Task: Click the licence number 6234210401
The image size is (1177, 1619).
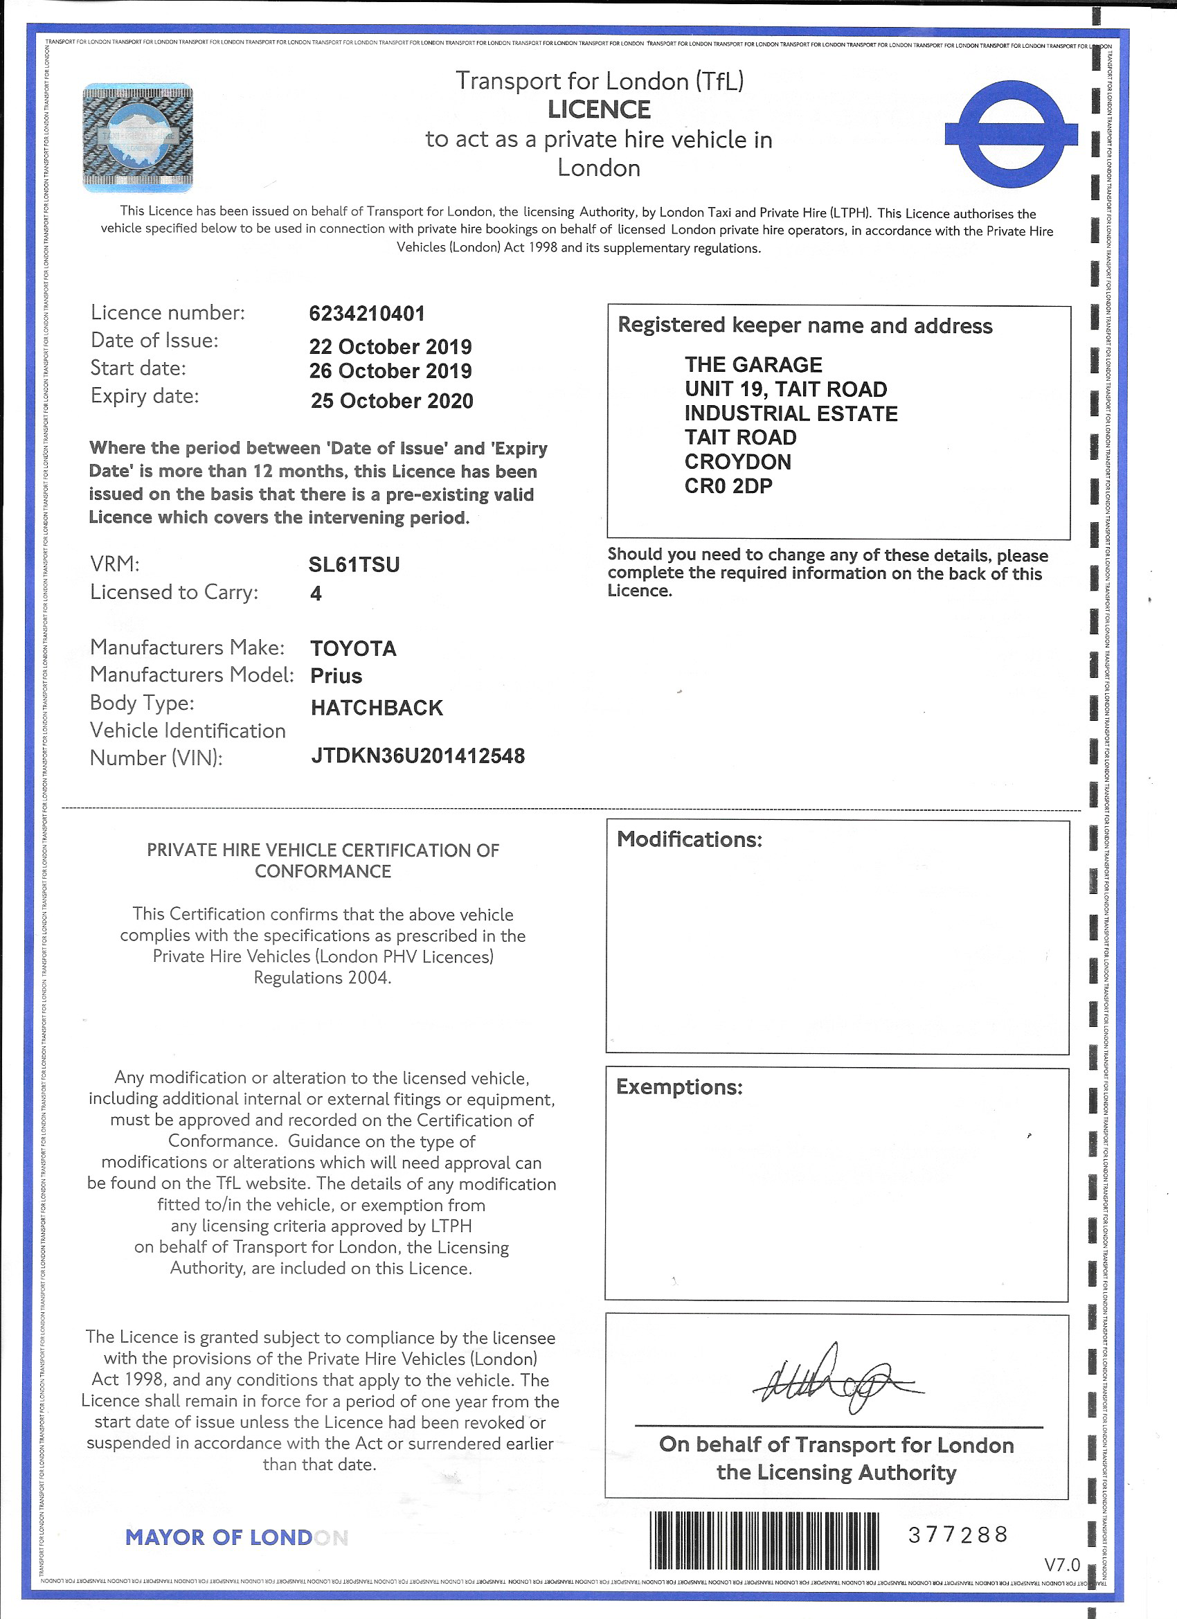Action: click(x=367, y=314)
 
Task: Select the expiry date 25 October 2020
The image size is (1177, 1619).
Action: click(x=392, y=400)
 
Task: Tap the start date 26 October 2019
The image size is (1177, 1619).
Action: click(x=390, y=370)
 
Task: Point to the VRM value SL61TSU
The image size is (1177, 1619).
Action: click(x=354, y=564)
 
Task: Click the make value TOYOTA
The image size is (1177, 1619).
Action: click(x=353, y=648)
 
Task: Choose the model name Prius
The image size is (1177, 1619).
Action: click(x=336, y=675)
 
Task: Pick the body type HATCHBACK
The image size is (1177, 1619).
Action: click(x=377, y=708)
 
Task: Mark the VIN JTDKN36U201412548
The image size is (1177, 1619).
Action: click(x=417, y=756)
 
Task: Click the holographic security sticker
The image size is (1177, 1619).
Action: click(x=138, y=137)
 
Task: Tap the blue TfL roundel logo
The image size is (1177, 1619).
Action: click(x=1011, y=134)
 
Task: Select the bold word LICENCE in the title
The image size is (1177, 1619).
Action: click(x=599, y=110)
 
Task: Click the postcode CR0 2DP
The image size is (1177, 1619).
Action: click(x=728, y=486)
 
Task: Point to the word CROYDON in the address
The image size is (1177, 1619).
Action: click(x=737, y=462)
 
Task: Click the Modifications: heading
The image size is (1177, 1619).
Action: click(x=690, y=839)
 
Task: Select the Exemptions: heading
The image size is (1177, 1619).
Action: click(x=679, y=1087)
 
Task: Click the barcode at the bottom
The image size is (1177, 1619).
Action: click(x=764, y=1540)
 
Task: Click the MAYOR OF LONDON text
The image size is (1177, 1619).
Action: click(x=236, y=1537)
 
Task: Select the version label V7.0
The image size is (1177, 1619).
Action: click(x=1062, y=1565)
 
